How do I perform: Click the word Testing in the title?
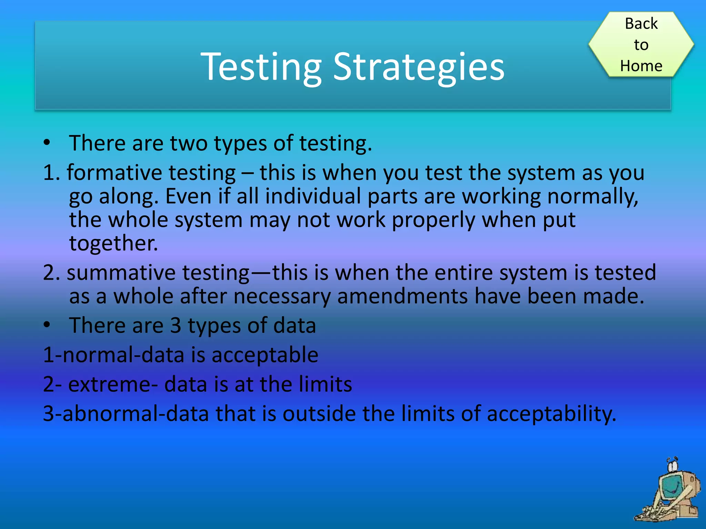point(261,67)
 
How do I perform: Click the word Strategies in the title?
point(418,67)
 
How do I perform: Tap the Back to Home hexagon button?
point(641,44)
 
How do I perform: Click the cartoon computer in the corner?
point(669,492)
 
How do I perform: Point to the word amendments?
point(402,296)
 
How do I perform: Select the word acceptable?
point(265,355)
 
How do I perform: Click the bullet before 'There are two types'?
point(47,143)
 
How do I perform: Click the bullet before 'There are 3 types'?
point(47,325)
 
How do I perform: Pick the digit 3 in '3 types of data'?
point(176,325)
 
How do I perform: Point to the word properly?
point(434,220)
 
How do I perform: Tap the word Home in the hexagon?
point(641,66)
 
